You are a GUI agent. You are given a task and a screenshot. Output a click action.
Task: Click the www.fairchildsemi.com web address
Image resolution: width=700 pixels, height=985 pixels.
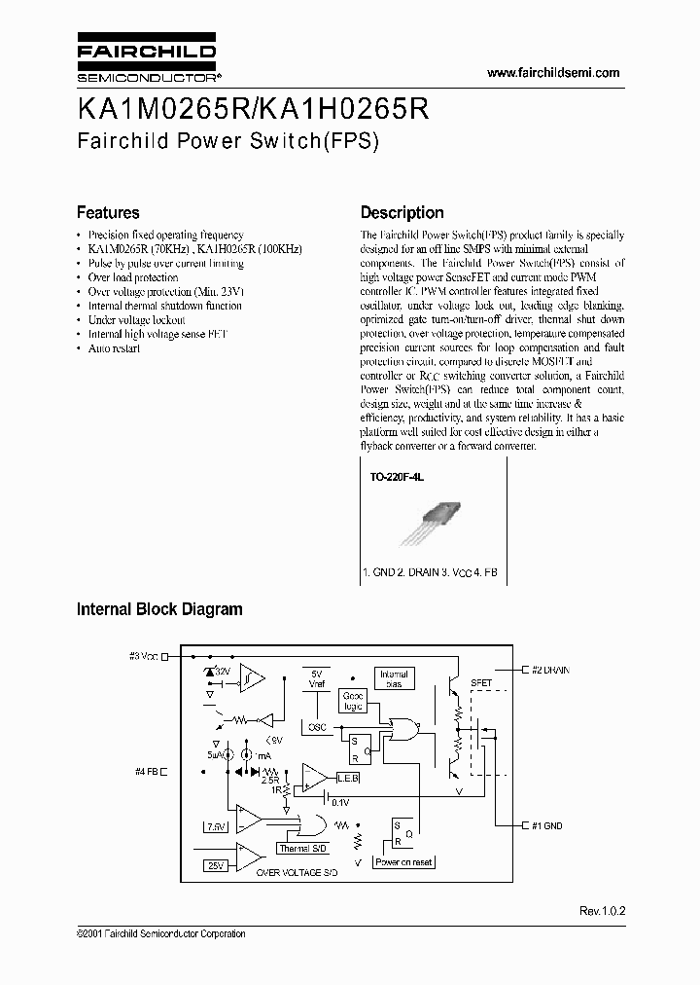click(x=552, y=73)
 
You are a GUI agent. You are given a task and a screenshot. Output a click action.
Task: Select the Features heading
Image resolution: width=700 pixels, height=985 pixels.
click(x=108, y=212)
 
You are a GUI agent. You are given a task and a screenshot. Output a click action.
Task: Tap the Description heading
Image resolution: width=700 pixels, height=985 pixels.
click(x=402, y=212)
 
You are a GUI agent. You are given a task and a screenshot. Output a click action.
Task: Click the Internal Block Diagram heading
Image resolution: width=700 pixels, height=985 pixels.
click(x=159, y=609)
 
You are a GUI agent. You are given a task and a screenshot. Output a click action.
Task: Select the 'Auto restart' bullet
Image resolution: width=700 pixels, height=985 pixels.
click(x=114, y=347)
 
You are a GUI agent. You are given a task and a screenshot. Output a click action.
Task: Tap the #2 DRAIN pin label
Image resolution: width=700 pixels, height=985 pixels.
click(x=549, y=670)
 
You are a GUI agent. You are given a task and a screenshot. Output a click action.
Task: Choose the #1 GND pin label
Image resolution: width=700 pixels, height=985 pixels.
click(x=544, y=825)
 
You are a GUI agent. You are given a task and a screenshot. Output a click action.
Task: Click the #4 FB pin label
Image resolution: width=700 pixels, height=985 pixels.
click(x=149, y=772)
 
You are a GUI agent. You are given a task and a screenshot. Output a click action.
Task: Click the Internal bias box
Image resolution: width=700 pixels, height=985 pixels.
click(x=396, y=678)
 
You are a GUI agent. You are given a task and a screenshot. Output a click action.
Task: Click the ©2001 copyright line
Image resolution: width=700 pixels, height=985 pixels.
click(x=160, y=934)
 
